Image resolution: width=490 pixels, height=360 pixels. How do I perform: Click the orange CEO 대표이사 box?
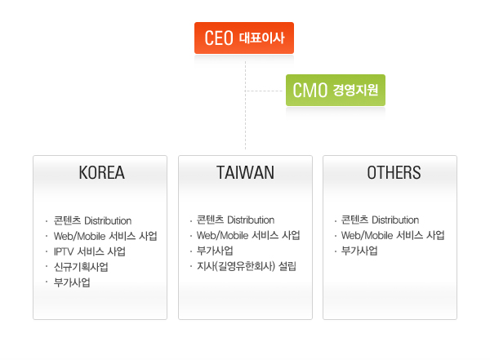pos(244,38)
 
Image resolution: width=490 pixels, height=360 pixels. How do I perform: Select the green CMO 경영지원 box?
pos(336,91)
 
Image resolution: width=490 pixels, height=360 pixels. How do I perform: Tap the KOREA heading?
pos(101,172)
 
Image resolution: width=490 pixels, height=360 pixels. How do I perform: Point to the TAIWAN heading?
pos(245,172)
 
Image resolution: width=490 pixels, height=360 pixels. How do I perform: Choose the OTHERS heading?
pos(394,172)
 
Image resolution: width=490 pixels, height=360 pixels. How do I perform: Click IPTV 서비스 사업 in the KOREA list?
pos(89,251)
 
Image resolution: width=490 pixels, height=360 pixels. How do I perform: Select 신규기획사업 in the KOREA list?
pos(81,267)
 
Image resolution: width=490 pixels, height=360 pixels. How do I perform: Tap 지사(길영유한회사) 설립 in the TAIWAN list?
pos(247,266)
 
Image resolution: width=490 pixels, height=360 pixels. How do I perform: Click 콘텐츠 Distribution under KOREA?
pos(92,220)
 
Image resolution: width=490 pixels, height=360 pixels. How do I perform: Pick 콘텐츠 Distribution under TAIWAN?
pos(236,220)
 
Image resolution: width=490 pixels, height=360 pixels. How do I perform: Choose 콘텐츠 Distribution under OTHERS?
pos(380,220)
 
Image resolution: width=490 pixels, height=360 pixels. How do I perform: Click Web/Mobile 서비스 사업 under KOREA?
pos(105,236)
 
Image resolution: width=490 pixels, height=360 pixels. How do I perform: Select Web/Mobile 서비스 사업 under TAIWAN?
pos(248,235)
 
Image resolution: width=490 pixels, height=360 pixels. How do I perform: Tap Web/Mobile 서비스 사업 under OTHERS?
pos(393,235)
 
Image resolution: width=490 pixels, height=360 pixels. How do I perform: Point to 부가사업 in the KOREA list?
pos(72,282)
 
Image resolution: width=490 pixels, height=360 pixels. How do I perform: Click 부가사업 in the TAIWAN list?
pos(215,251)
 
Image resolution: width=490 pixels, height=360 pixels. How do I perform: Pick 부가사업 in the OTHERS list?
pos(359,251)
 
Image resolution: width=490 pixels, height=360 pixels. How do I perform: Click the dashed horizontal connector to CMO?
pos(264,91)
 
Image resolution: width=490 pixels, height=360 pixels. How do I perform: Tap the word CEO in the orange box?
pos(219,38)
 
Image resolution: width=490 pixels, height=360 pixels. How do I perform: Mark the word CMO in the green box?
pos(310,91)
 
